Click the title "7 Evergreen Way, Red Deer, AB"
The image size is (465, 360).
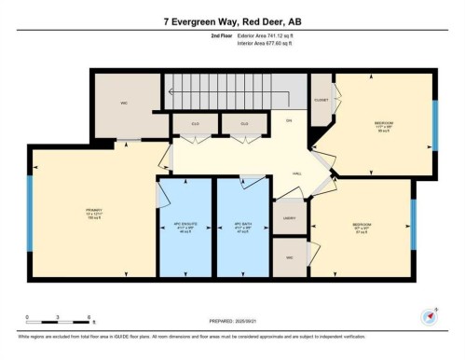[x=232, y=21]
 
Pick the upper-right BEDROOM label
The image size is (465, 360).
[x=383, y=126]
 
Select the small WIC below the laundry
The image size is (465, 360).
[x=290, y=257]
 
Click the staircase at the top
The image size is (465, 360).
[x=233, y=90]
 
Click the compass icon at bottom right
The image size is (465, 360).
[x=430, y=315]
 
